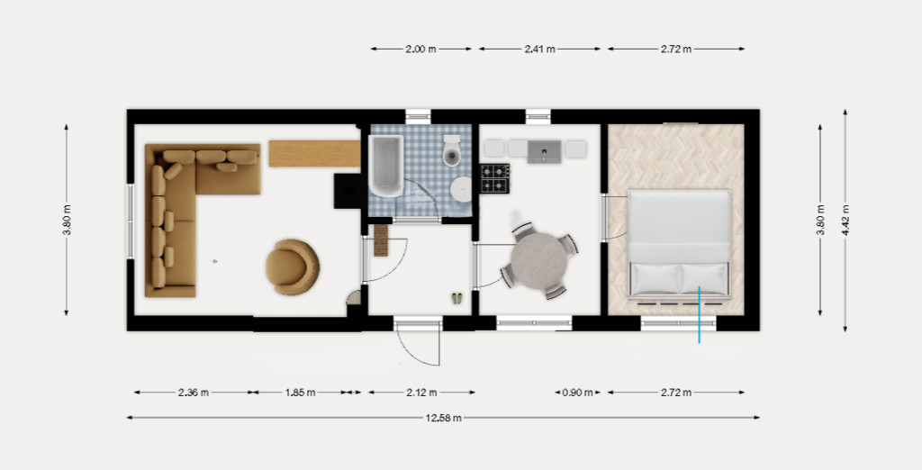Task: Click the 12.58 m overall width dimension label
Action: click(443, 419)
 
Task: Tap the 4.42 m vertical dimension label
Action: click(845, 220)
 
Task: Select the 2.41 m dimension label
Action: click(540, 50)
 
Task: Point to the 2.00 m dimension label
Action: click(421, 50)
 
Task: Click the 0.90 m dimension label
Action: click(578, 393)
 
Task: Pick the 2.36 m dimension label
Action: click(194, 393)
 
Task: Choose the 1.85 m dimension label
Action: click(300, 393)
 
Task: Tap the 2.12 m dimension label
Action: click(421, 393)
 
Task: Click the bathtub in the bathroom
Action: click(385, 166)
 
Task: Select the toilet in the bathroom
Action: click(452, 150)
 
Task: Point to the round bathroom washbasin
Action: click(462, 189)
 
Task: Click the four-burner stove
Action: click(494, 178)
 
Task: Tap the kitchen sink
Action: click(544, 151)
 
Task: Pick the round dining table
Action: click(538, 260)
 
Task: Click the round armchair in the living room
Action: click(293, 267)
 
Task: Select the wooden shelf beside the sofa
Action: click(314, 154)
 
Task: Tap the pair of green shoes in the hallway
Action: click(456, 298)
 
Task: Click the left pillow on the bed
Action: click(655, 278)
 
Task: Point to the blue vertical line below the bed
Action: click(699, 314)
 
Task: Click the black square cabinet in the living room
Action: click(348, 191)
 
